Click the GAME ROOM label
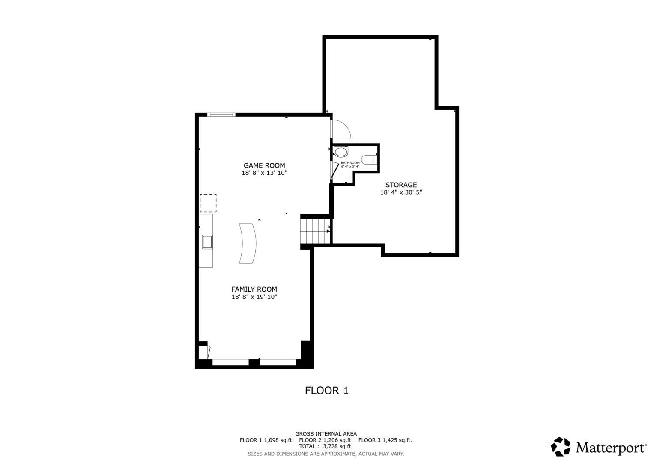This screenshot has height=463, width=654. pyautogui.click(x=264, y=165)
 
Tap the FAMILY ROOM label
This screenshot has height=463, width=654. pyautogui.click(x=254, y=289)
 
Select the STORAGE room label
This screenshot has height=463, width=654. pyautogui.click(x=401, y=185)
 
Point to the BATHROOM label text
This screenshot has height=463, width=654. pyautogui.click(x=350, y=163)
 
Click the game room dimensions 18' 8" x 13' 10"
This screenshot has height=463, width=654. pyautogui.click(x=264, y=173)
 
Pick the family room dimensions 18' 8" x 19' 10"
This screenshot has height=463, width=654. pyautogui.click(x=254, y=297)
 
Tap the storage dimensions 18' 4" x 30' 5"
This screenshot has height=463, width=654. pyautogui.click(x=401, y=192)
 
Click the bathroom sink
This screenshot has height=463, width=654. pyautogui.click(x=341, y=152)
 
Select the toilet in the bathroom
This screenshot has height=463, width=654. pyautogui.click(x=369, y=160)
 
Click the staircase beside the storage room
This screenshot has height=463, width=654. pyautogui.click(x=315, y=231)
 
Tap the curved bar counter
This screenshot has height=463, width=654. pyautogui.click(x=248, y=244)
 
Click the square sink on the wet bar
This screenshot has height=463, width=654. pyautogui.click(x=207, y=242)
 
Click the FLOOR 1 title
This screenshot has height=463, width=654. pyautogui.click(x=327, y=391)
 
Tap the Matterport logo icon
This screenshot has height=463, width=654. pyautogui.click(x=561, y=446)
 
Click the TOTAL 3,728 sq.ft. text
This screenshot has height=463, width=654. pyautogui.click(x=326, y=446)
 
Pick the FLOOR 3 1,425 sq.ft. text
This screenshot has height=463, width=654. pyautogui.click(x=385, y=440)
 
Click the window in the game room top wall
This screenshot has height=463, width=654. pyautogui.click(x=221, y=114)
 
